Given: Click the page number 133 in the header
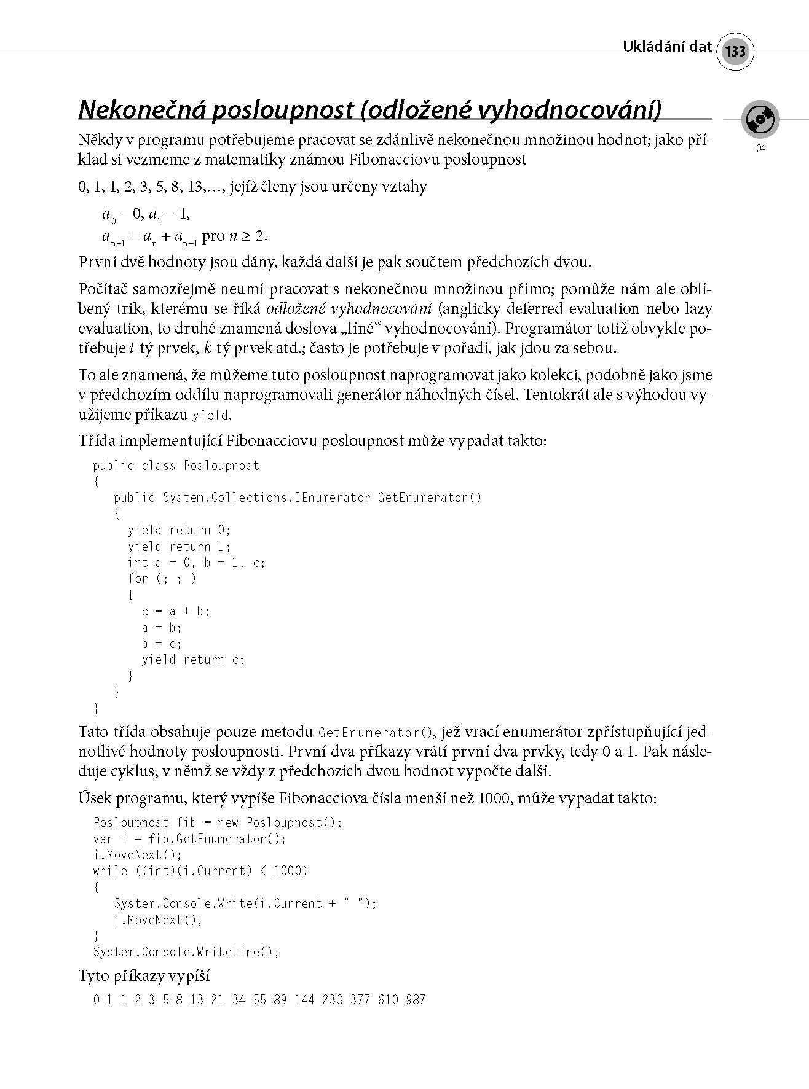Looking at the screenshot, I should (735, 51).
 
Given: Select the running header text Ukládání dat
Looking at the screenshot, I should (667, 47).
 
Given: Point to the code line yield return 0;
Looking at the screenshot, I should (179, 530).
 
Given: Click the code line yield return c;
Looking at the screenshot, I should (193, 660).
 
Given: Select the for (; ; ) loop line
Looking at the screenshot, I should (162, 579).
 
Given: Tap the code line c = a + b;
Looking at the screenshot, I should (176, 611).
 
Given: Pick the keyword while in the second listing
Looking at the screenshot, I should (110, 871).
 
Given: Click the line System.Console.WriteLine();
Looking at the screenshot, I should (186, 952).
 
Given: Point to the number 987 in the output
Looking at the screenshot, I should (416, 1000).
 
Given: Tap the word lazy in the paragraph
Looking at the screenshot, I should (697, 308).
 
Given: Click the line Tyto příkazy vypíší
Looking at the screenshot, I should (144, 976).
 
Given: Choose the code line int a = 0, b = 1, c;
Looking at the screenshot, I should (196, 563).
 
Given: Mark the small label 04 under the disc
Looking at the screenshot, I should (760, 149).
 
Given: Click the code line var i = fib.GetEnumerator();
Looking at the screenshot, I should (190, 839).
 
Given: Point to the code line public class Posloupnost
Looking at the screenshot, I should (176, 466).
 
